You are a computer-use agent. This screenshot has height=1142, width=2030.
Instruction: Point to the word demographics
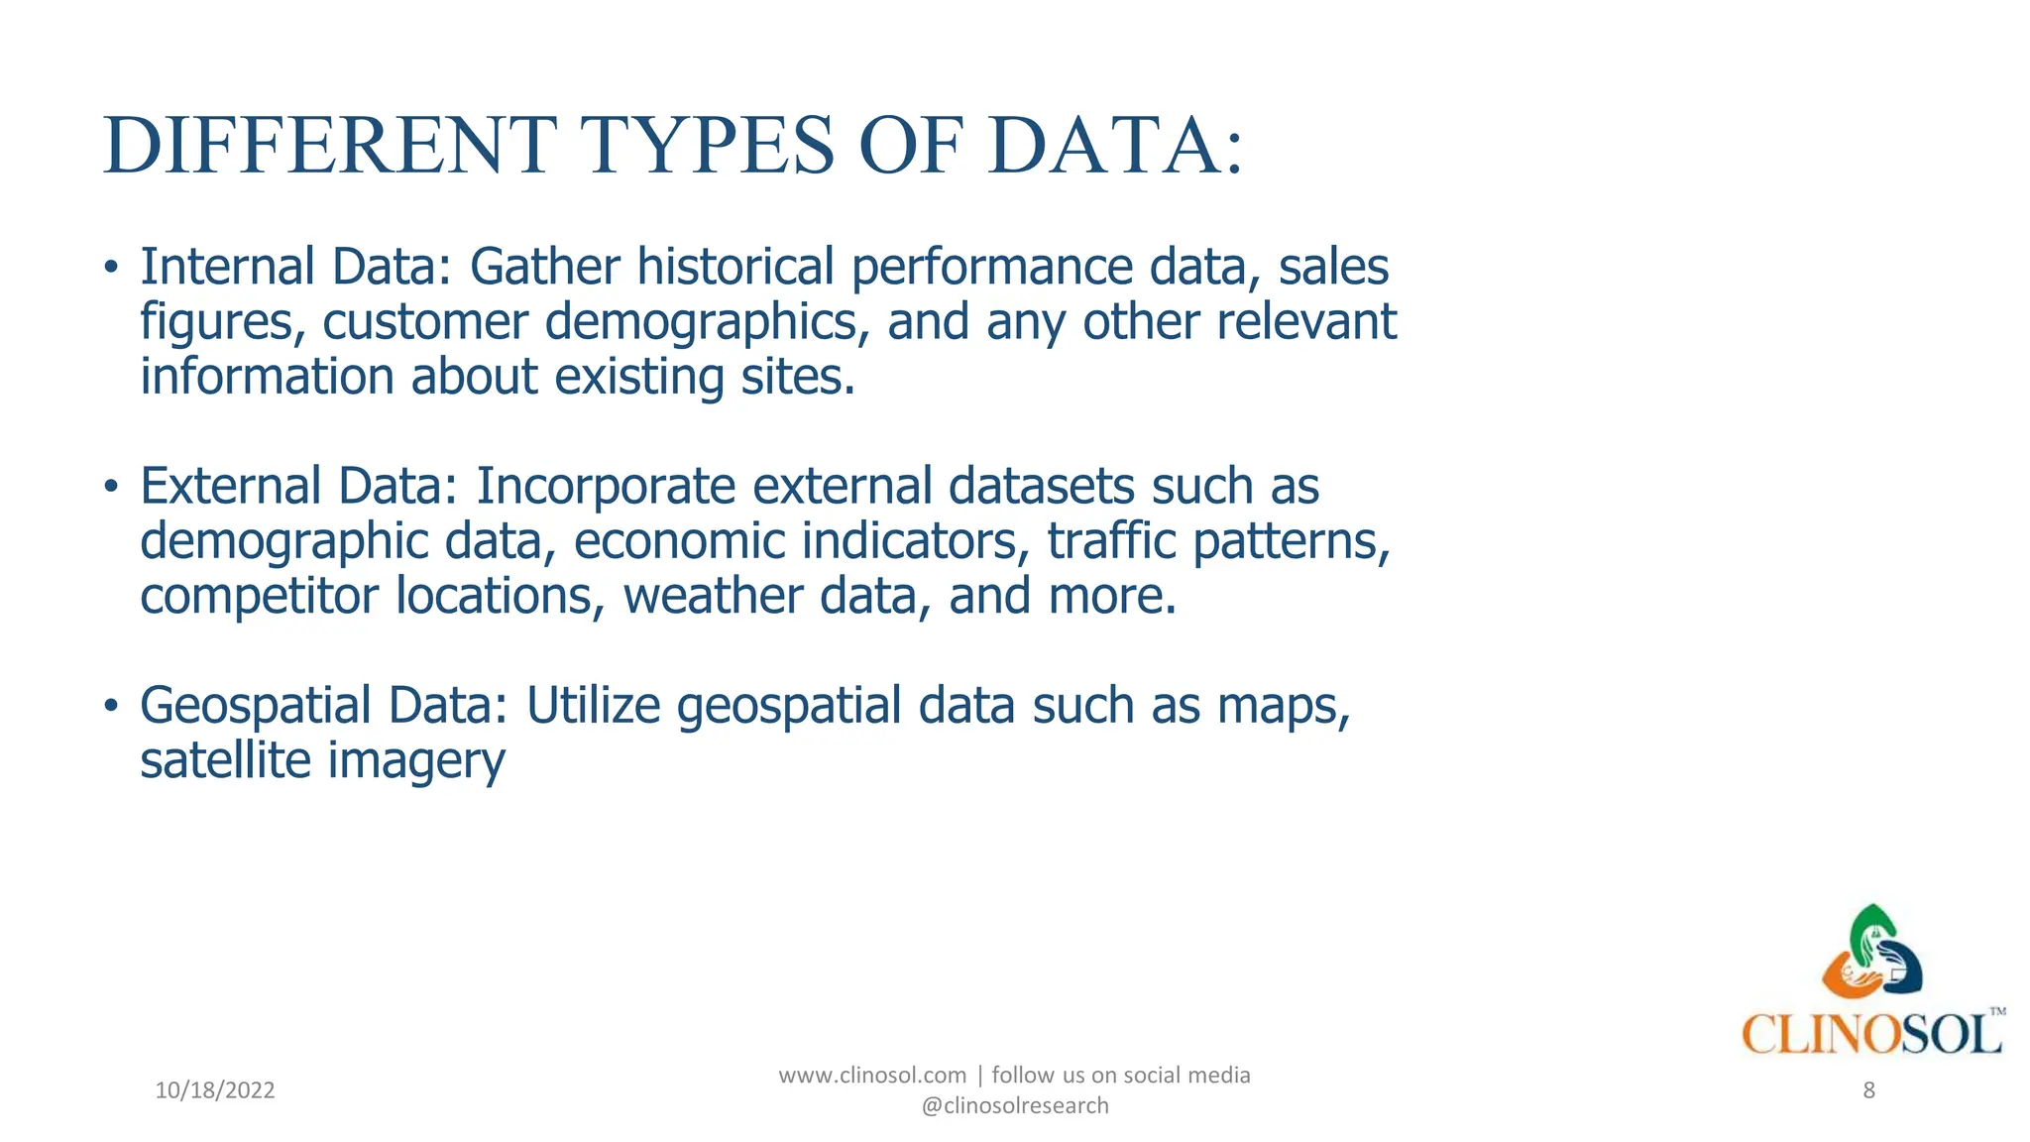pyautogui.click(x=707, y=322)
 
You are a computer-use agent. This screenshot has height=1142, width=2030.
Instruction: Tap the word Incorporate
pyautogui.click(x=606, y=487)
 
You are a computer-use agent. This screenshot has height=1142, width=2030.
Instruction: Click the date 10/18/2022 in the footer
pyautogui.click(x=215, y=1090)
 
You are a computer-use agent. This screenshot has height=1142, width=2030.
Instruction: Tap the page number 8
pyautogui.click(x=1868, y=1090)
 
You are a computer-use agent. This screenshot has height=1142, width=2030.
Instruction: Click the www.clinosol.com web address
pyautogui.click(x=872, y=1076)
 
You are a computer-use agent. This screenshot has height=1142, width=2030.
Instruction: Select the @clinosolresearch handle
pyautogui.click(x=1015, y=1105)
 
